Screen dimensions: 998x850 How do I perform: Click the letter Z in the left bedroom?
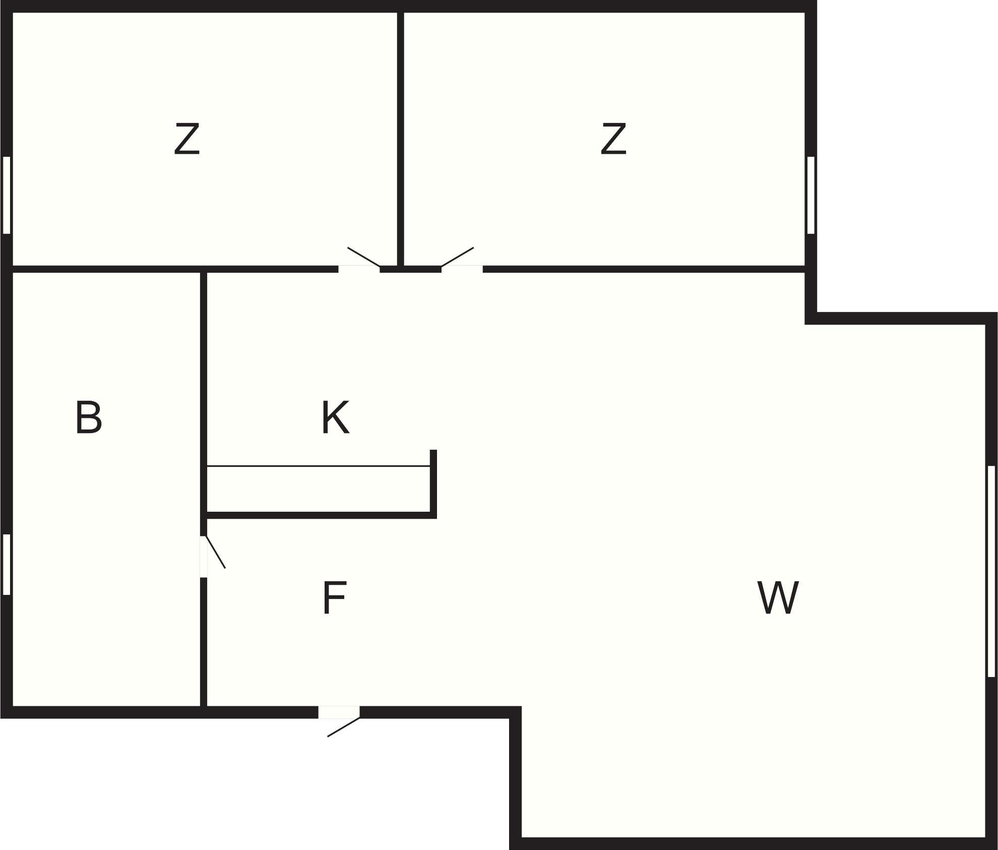coord(187,139)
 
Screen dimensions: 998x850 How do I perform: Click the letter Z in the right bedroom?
coord(613,139)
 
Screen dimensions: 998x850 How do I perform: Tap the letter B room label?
coord(89,417)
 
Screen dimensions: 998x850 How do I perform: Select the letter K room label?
coord(335,417)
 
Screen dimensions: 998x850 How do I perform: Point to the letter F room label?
coord(334,597)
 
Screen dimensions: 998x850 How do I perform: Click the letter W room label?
coord(778,597)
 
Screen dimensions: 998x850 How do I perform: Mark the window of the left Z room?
coord(7,195)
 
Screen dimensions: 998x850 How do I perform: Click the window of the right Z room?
coord(811,195)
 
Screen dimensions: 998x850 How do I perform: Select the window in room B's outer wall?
coord(7,565)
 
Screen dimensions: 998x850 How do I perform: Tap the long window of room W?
coord(991,571)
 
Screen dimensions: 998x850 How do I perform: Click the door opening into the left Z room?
coord(359,262)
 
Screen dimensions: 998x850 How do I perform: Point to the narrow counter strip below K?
coord(318,489)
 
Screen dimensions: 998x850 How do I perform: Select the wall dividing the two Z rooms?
coord(401,139)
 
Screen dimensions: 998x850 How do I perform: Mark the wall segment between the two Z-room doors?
coord(411,269)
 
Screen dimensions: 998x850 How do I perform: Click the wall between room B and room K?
coord(204,403)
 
